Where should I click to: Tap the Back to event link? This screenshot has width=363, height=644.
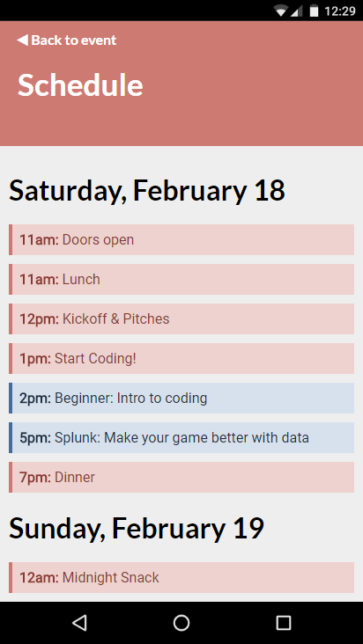click(x=67, y=40)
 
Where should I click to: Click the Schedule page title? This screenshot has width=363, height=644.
click(x=80, y=85)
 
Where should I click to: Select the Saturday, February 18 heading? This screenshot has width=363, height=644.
click(x=147, y=190)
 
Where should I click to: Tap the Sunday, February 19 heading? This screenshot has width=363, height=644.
click(x=137, y=528)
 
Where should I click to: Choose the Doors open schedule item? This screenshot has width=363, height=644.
click(x=181, y=240)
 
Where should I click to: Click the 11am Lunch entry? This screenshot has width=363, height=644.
click(x=181, y=279)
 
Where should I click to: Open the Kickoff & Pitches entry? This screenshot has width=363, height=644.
click(x=181, y=318)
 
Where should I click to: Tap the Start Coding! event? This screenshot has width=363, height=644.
click(x=181, y=359)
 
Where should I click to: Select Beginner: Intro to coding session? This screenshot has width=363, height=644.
click(x=181, y=398)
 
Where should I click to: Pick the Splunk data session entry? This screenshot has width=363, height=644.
click(x=181, y=437)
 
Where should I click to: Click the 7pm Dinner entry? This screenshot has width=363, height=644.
click(x=181, y=477)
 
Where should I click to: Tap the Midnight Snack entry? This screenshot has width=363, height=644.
click(x=181, y=577)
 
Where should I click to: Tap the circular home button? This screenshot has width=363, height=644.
click(x=181, y=623)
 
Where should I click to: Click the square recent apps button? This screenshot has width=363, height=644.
click(x=283, y=623)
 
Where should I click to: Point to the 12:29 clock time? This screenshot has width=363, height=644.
click(x=339, y=11)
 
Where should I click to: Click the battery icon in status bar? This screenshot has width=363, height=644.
click(x=314, y=11)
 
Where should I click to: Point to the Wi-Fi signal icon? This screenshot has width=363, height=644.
click(x=281, y=11)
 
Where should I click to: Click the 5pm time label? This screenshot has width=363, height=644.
click(x=35, y=438)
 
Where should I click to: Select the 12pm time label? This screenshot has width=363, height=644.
click(x=40, y=319)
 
